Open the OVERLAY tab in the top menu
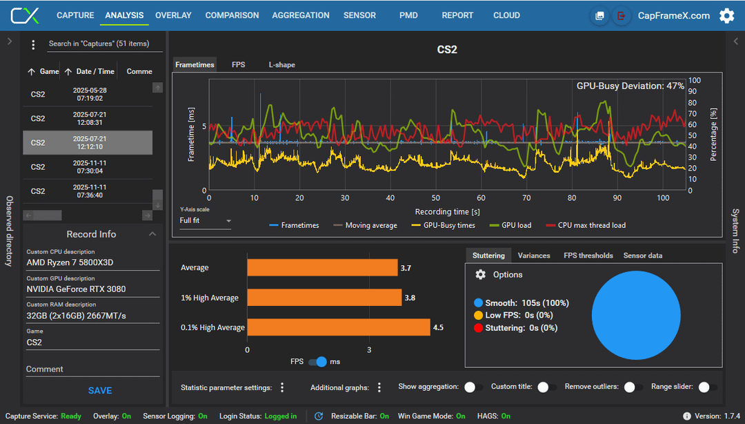[x=173, y=15]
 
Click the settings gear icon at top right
[x=726, y=16]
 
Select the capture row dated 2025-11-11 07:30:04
[x=88, y=167]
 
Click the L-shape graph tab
[x=281, y=65]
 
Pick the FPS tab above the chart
[x=239, y=65]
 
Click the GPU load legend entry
[x=510, y=225]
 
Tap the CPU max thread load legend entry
[x=586, y=225]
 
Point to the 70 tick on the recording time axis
[x=526, y=198]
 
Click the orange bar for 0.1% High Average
[x=339, y=327]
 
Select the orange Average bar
[x=323, y=267]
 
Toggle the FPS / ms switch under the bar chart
[x=317, y=362]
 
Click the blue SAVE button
[x=100, y=391]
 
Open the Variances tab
[x=534, y=256]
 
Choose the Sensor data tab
[x=643, y=256]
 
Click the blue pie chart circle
[x=636, y=315]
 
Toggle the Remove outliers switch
[x=633, y=387]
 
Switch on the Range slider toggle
[x=708, y=387]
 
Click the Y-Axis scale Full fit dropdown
[x=206, y=221]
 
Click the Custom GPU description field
[x=92, y=289]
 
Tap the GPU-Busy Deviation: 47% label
[x=630, y=86]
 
